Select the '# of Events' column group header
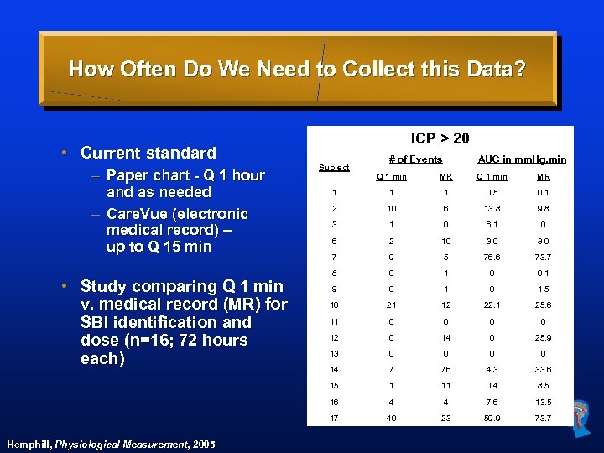(415, 159)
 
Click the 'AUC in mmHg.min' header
(521, 159)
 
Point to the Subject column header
(334, 167)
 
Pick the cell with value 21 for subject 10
(392, 304)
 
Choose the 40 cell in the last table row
(392, 417)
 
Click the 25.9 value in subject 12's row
(543, 337)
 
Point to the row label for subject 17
(334, 417)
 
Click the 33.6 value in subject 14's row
(543, 369)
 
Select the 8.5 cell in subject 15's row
(543, 385)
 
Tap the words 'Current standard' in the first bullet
(148, 153)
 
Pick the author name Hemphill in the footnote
(28, 444)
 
